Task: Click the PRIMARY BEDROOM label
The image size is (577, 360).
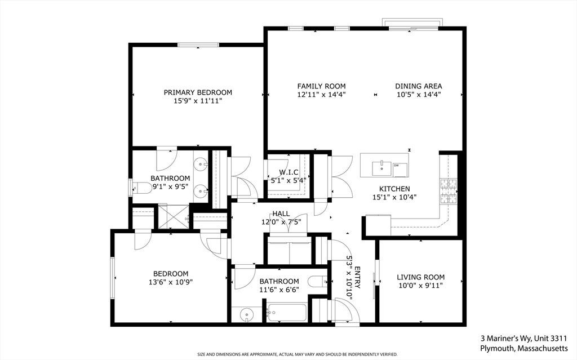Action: (198, 92)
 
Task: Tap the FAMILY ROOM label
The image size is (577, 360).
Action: (322, 86)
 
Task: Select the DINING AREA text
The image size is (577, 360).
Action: (419, 86)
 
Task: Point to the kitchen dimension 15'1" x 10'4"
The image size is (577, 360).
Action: (394, 197)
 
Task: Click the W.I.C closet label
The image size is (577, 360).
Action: (288, 172)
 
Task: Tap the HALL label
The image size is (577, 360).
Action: (281, 214)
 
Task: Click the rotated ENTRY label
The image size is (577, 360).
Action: (357, 278)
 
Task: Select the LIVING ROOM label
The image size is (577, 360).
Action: (420, 277)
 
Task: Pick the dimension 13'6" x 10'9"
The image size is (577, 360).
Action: (171, 282)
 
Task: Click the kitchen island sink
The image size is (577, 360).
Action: (382, 168)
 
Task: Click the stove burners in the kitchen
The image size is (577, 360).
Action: (449, 191)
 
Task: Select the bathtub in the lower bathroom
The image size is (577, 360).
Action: (287, 313)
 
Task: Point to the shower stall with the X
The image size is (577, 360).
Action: (174, 217)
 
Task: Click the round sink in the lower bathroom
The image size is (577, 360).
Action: (246, 315)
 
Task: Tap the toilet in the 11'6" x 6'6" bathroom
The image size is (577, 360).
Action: (318, 282)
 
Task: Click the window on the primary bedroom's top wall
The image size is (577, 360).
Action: (198, 45)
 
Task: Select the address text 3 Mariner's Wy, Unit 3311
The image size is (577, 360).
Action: (523, 338)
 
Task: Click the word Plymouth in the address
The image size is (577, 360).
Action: (497, 348)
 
